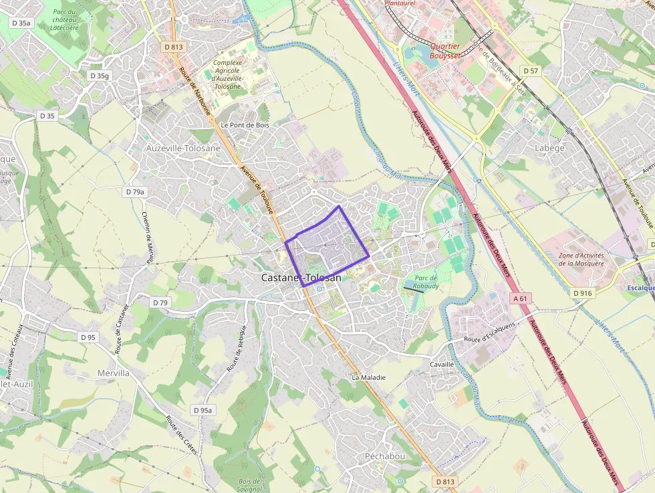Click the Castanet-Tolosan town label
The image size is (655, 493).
point(301,278)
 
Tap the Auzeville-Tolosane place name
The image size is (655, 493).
point(183,148)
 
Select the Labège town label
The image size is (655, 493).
point(549,148)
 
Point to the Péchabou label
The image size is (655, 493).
point(384,456)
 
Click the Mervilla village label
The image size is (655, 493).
point(113,373)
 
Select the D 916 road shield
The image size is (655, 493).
point(583,293)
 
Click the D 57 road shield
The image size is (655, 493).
point(530,70)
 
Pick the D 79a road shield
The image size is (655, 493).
point(134,192)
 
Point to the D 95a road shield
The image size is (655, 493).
point(202,410)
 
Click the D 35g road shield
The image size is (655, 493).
point(99,76)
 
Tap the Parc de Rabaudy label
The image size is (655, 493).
point(426,282)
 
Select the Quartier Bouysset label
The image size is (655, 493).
point(445,51)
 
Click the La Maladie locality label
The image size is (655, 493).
point(368,377)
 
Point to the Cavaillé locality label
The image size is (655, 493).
point(441,365)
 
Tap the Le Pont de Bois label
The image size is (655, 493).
point(245,125)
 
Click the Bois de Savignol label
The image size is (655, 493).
point(249,485)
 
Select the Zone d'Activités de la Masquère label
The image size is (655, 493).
point(581,259)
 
